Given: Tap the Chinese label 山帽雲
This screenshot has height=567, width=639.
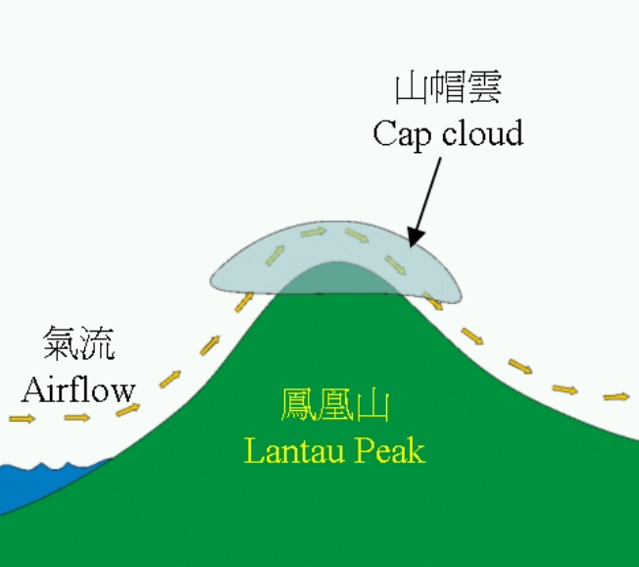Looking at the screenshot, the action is [448, 90].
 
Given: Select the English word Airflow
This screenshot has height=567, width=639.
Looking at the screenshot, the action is [78, 389].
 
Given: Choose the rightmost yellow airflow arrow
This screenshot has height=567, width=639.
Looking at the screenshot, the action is [615, 396].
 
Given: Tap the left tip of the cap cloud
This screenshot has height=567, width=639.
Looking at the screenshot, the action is [214, 283].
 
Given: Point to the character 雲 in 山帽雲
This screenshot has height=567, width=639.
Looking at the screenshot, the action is [485, 90].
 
